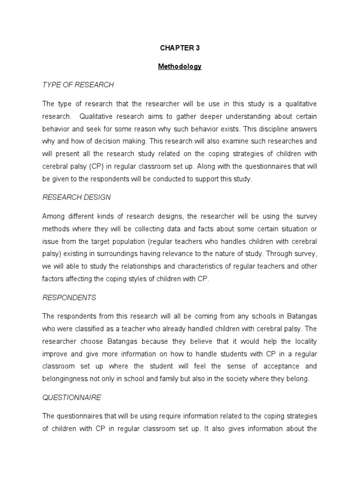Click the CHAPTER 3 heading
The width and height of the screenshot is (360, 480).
tap(180, 48)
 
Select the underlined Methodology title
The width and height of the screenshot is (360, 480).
tap(180, 67)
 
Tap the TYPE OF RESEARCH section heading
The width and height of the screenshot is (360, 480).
tap(78, 85)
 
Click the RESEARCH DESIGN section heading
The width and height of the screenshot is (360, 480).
tap(76, 197)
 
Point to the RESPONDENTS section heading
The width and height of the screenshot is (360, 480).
tap(69, 297)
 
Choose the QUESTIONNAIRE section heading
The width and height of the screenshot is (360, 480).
tap(72, 397)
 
